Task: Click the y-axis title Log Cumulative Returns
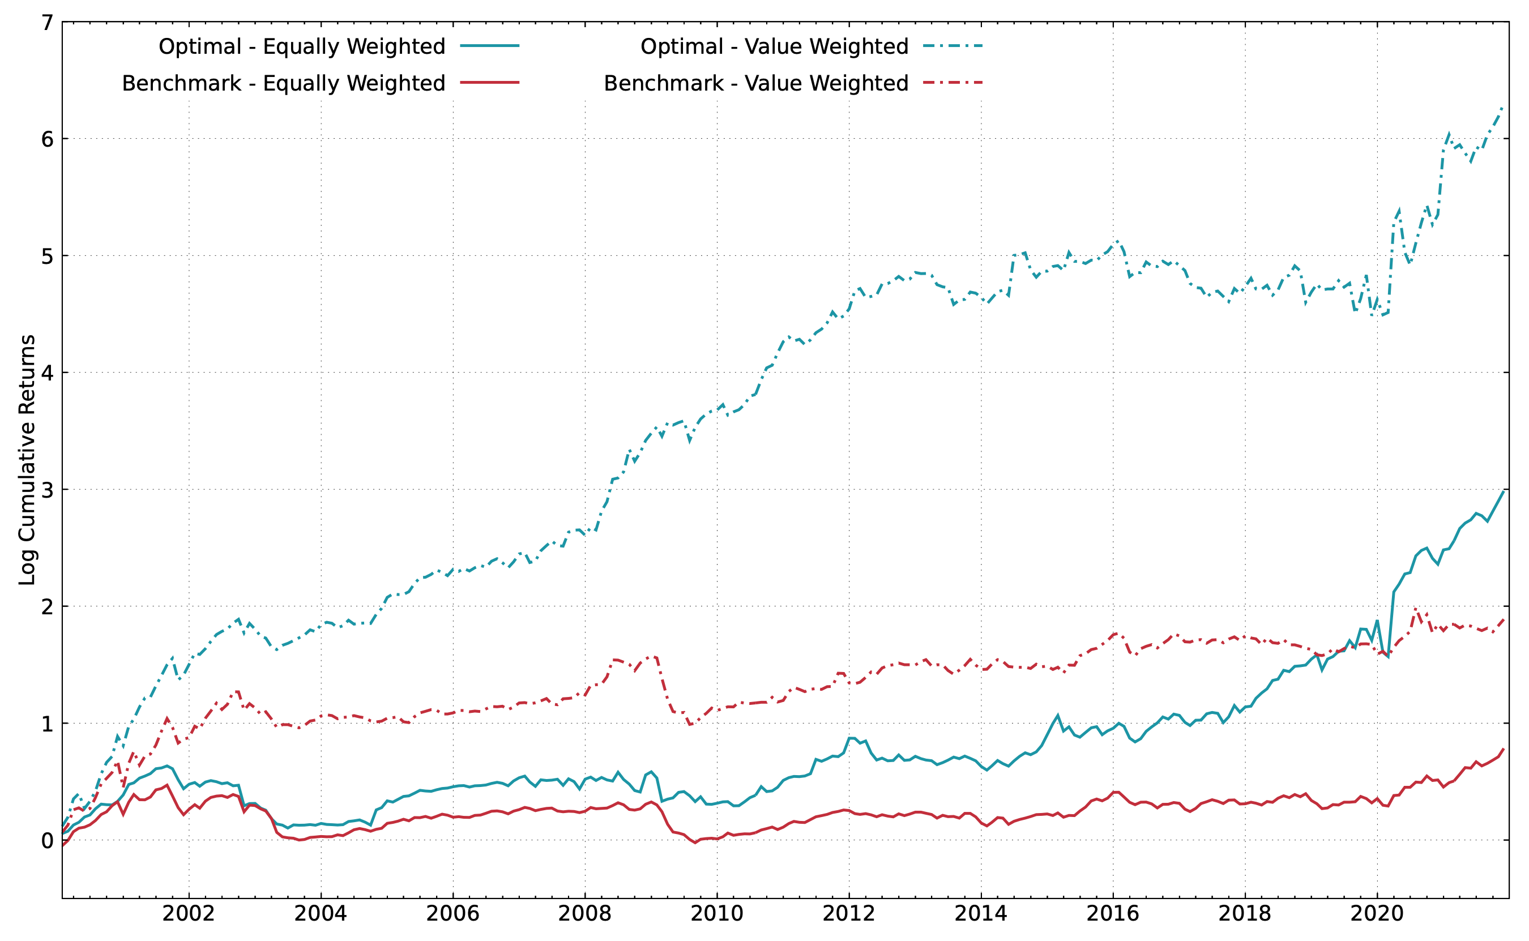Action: click(x=27, y=460)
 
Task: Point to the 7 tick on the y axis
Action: click(x=48, y=23)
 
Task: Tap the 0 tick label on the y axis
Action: click(x=48, y=841)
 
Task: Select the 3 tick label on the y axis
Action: click(x=48, y=490)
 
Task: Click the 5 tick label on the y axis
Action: click(x=48, y=256)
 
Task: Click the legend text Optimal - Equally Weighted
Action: click(x=302, y=46)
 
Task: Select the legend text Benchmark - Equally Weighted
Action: click(x=284, y=83)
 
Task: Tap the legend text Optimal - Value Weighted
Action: click(x=775, y=46)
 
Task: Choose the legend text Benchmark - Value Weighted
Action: click(x=756, y=83)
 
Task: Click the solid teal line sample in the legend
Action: click(x=490, y=46)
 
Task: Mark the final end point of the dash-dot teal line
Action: click(x=1504, y=108)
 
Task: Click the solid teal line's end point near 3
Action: click(x=1504, y=491)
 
